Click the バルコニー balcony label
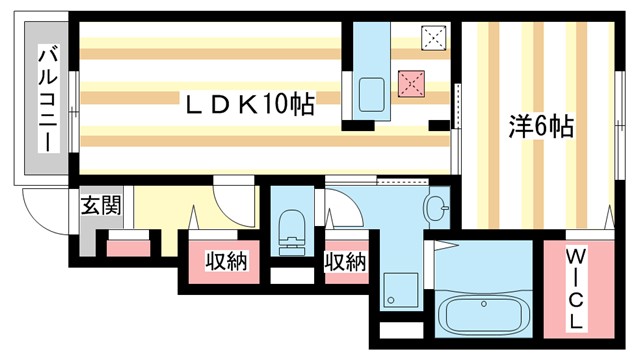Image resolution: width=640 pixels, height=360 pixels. coord(46,99)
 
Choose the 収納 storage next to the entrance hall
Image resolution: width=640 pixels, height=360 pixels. coord(227,260)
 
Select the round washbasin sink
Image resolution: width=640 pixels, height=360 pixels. coord(437,209)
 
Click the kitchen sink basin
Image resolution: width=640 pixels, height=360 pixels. coord(371,97)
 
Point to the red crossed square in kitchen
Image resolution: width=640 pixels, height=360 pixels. coord(411,82)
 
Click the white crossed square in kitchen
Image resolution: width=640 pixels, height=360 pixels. coord(434,38)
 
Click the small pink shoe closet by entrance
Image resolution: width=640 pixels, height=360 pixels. coord(128,247)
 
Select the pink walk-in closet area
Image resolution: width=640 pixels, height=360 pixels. coord(576,290)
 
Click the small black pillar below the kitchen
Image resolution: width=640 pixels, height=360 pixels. coord(437,125)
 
